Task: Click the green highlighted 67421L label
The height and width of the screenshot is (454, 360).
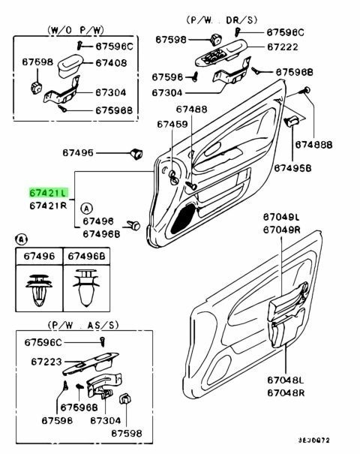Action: click(x=48, y=193)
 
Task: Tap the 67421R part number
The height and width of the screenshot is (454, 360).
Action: click(x=48, y=206)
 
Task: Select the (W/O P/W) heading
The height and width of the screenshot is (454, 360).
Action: click(x=76, y=30)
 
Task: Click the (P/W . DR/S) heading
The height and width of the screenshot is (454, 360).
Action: click(x=222, y=20)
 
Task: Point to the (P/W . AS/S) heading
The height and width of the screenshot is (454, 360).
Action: click(x=83, y=325)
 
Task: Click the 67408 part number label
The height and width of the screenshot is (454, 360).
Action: click(x=111, y=63)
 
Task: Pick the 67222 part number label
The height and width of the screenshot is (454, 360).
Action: click(x=283, y=47)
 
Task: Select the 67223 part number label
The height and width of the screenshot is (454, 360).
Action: click(x=46, y=362)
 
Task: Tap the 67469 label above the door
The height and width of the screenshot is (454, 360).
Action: click(x=172, y=125)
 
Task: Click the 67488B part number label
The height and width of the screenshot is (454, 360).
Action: click(x=313, y=145)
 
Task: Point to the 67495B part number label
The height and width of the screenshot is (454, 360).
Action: click(x=292, y=168)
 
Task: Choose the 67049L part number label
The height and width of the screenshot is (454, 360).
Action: click(x=281, y=217)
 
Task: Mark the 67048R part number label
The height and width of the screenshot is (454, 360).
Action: click(x=286, y=393)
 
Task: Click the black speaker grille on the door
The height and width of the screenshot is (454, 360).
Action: click(x=183, y=218)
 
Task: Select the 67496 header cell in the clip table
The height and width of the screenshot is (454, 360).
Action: click(x=39, y=256)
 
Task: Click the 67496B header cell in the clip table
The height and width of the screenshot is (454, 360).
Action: click(x=86, y=256)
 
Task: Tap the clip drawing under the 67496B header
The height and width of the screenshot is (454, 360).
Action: click(x=86, y=287)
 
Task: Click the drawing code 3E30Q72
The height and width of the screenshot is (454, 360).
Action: click(x=314, y=440)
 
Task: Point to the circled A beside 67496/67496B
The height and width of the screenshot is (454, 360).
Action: click(x=86, y=209)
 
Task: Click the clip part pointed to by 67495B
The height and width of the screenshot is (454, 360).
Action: click(x=292, y=121)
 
